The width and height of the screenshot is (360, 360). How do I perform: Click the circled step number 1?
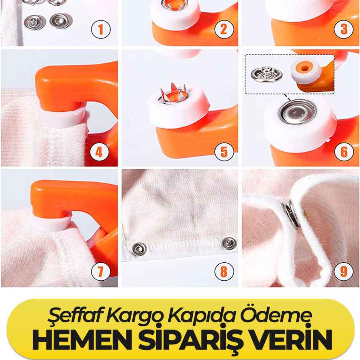point(101,29)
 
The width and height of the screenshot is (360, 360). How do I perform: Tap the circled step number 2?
point(224,29)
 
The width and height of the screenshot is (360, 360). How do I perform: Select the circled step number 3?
point(344,29)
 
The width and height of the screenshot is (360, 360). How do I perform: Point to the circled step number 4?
point(99,152)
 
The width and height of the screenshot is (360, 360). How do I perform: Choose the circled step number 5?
point(224,152)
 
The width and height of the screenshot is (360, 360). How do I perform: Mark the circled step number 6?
point(344,152)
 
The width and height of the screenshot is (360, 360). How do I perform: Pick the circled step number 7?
point(101,272)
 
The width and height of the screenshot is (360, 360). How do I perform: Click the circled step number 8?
point(224,272)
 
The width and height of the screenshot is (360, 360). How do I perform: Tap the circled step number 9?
point(344,272)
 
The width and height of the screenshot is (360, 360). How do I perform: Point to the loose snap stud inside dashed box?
point(266,74)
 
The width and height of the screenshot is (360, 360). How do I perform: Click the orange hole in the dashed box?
point(305,68)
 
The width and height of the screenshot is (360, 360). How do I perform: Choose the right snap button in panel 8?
point(229,243)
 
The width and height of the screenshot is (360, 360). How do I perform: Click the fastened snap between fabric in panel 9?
point(291,214)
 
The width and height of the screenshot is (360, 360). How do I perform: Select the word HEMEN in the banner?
point(82,340)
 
